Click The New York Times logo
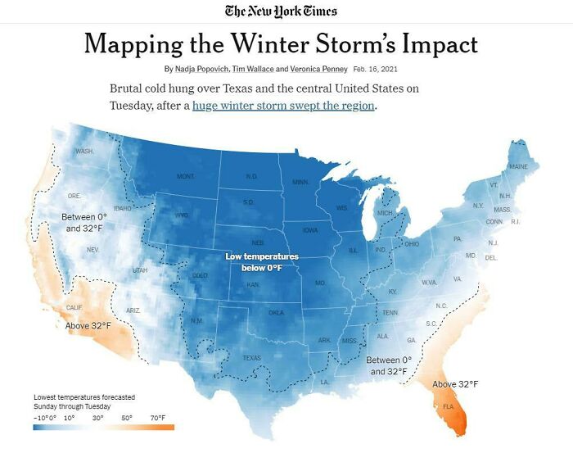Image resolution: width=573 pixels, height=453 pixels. (281, 11)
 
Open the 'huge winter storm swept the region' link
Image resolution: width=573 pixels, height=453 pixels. (283, 106)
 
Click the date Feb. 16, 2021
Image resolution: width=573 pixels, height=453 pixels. (377, 68)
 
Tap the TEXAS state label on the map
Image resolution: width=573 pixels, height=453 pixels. (252, 358)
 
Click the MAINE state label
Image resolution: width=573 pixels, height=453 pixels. (518, 166)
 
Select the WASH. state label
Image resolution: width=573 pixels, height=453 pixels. (84, 152)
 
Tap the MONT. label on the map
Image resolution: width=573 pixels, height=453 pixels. (186, 176)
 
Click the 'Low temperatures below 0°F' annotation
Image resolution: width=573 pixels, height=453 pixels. (262, 262)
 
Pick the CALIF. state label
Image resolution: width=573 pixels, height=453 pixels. (74, 307)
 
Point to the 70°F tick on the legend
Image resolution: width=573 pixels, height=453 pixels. (158, 418)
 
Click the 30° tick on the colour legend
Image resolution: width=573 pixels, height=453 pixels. (97, 418)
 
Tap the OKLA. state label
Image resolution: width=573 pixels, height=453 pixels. (277, 313)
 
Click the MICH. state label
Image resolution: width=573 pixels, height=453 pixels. (385, 213)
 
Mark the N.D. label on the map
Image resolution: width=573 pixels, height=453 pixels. (252, 176)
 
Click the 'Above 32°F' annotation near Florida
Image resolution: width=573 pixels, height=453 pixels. (455, 384)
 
